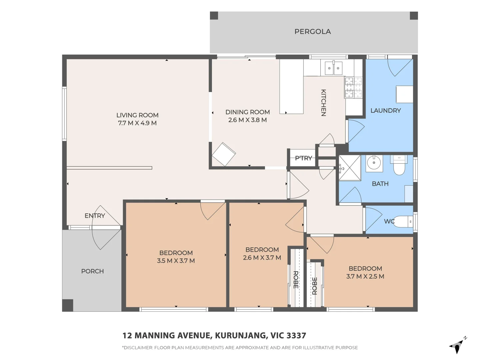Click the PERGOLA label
click(x=312, y=32)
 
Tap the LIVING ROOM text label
click(x=137, y=115)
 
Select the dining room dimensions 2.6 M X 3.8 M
click(x=247, y=120)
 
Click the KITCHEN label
click(x=323, y=103)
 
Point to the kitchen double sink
click(x=333, y=68)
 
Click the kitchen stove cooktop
click(x=353, y=87)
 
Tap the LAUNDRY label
click(x=385, y=111)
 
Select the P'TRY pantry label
click(x=303, y=158)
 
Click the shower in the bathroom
click(x=350, y=168)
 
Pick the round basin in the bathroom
click(x=374, y=163)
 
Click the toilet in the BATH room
click(x=399, y=166)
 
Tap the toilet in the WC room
click(x=404, y=222)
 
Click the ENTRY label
click(x=95, y=216)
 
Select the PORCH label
click(x=92, y=271)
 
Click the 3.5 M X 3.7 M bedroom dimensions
click(x=176, y=261)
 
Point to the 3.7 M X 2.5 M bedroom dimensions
click(x=365, y=276)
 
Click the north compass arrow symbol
click(x=457, y=347)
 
